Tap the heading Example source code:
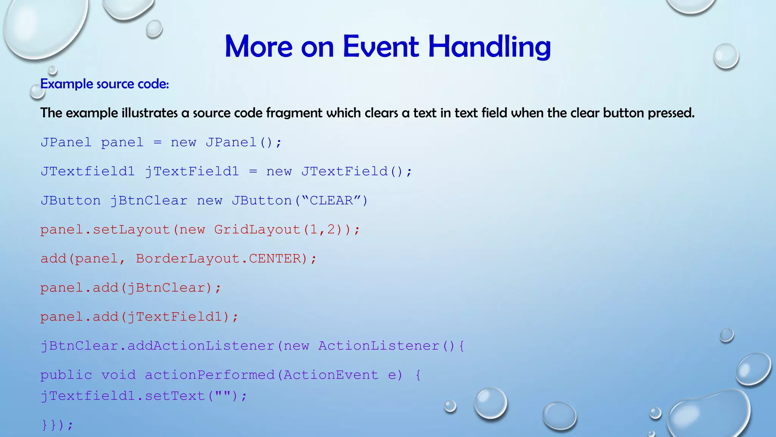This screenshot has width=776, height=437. (104, 84)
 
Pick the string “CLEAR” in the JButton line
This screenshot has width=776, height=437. (331, 200)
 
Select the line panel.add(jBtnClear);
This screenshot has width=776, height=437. (130, 288)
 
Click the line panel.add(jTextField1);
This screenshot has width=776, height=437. (139, 317)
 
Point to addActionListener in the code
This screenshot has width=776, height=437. (201, 346)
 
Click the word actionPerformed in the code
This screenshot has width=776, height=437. (210, 375)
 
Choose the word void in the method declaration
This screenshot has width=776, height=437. (118, 375)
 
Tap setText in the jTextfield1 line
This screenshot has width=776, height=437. (175, 396)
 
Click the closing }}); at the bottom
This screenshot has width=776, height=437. (57, 425)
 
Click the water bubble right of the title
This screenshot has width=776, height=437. (726, 57)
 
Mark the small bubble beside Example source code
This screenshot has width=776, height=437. (37, 92)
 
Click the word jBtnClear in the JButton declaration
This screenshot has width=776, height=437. (149, 200)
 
